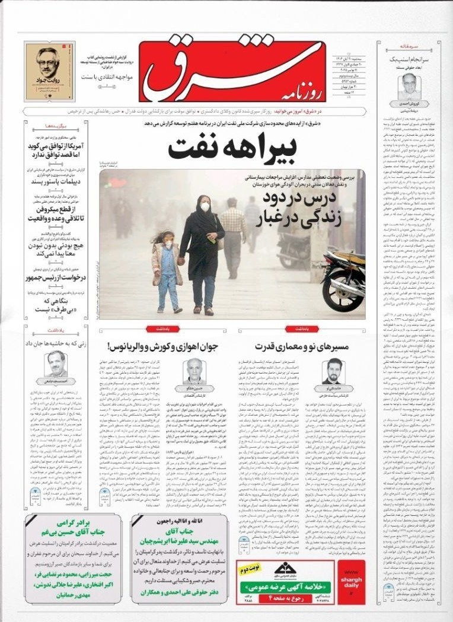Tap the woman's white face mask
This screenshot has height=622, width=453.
point(205,207)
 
